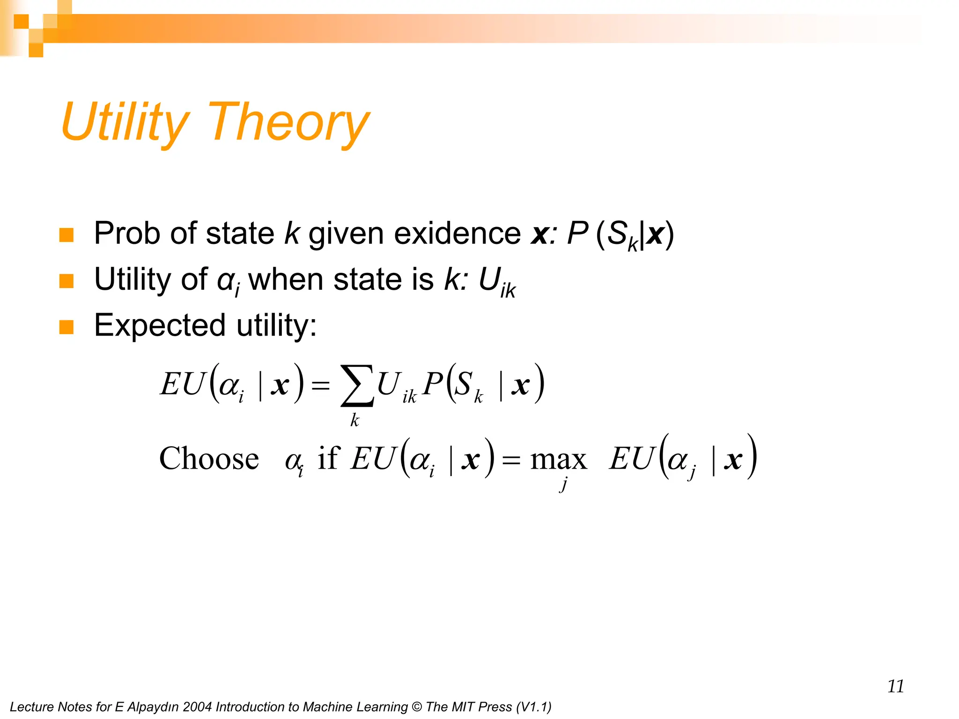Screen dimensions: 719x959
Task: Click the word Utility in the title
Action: pyautogui.click(x=124, y=123)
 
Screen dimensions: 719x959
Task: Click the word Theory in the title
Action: pyautogui.click(x=288, y=123)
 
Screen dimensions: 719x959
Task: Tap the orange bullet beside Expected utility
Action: pyautogui.click(x=66, y=327)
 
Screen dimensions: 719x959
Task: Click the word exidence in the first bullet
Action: pyautogui.click(x=457, y=233)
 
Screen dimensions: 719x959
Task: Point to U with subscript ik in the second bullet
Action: pyautogui.click(x=496, y=282)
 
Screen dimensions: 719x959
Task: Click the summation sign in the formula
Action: pyautogui.click(x=357, y=385)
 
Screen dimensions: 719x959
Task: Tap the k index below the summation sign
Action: pyautogui.click(x=355, y=420)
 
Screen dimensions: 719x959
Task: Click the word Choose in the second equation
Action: pyautogui.click(x=209, y=459)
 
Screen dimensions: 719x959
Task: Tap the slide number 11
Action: pyautogui.click(x=895, y=686)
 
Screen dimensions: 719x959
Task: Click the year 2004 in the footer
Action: pyautogui.click(x=197, y=707)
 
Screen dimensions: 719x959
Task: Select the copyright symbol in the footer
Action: pyautogui.click(x=416, y=707)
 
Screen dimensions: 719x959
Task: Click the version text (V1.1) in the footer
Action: pyautogui.click(x=533, y=707)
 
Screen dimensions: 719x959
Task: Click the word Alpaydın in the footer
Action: pyautogui.click(x=153, y=707)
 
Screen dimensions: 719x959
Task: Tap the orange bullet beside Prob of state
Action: pyautogui.click(x=66, y=235)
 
